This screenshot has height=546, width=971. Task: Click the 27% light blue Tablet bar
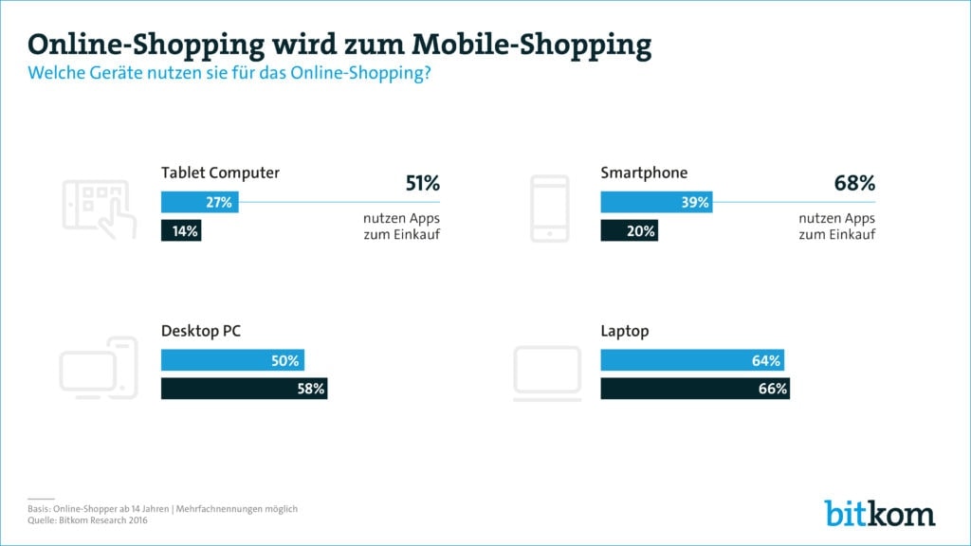point(199,202)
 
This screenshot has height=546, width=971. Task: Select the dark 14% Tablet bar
point(181,230)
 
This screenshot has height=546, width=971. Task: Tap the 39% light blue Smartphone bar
point(656,202)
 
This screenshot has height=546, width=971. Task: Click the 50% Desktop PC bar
point(232,360)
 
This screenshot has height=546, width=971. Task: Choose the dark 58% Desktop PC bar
point(244,389)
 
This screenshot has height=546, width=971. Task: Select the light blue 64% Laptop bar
point(692,360)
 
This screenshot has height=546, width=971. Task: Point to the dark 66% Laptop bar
point(695,389)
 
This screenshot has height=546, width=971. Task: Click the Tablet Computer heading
point(220,173)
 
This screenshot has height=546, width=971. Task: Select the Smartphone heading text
point(644,173)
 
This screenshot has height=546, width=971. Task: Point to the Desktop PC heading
point(200,332)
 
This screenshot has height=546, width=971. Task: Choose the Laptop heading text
point(625,332)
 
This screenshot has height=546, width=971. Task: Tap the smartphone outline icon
point(550,208)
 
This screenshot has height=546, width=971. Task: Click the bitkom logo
point(879,513)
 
